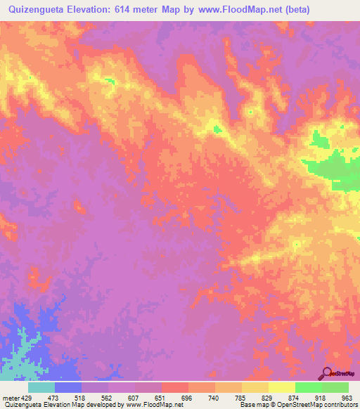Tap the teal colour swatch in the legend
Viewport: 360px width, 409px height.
pos(41,387)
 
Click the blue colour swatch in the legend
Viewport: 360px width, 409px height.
pos(68,387)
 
